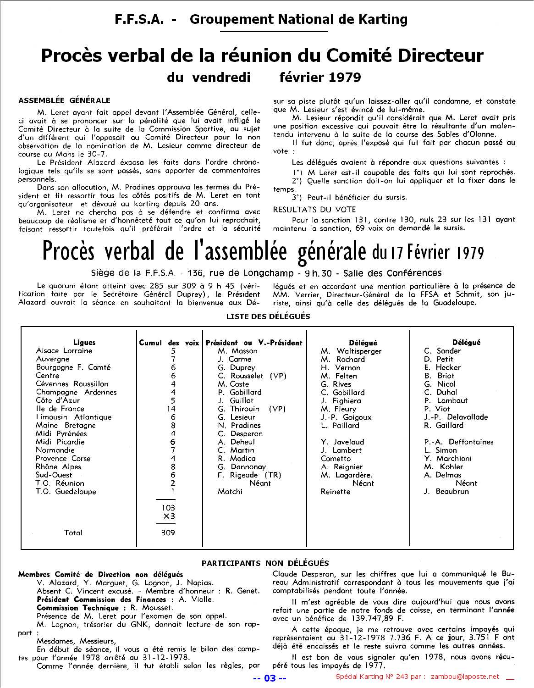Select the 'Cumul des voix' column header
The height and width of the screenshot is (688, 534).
coord(169,343)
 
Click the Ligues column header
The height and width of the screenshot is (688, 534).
coord(84,342)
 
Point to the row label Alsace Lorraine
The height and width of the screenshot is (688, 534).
coord(64,351)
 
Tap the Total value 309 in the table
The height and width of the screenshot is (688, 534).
coord(168,533)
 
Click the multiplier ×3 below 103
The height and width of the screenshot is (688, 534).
coord(169,516)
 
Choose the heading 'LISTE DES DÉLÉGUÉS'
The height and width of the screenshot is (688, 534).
coord(268,316)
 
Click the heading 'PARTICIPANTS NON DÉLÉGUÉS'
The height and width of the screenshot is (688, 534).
coord(265,563)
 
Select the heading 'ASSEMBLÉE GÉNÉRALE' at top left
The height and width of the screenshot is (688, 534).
coord(64,100)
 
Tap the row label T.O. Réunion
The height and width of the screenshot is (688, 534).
coord(60,483)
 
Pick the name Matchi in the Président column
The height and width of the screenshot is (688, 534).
coord(230,492)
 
